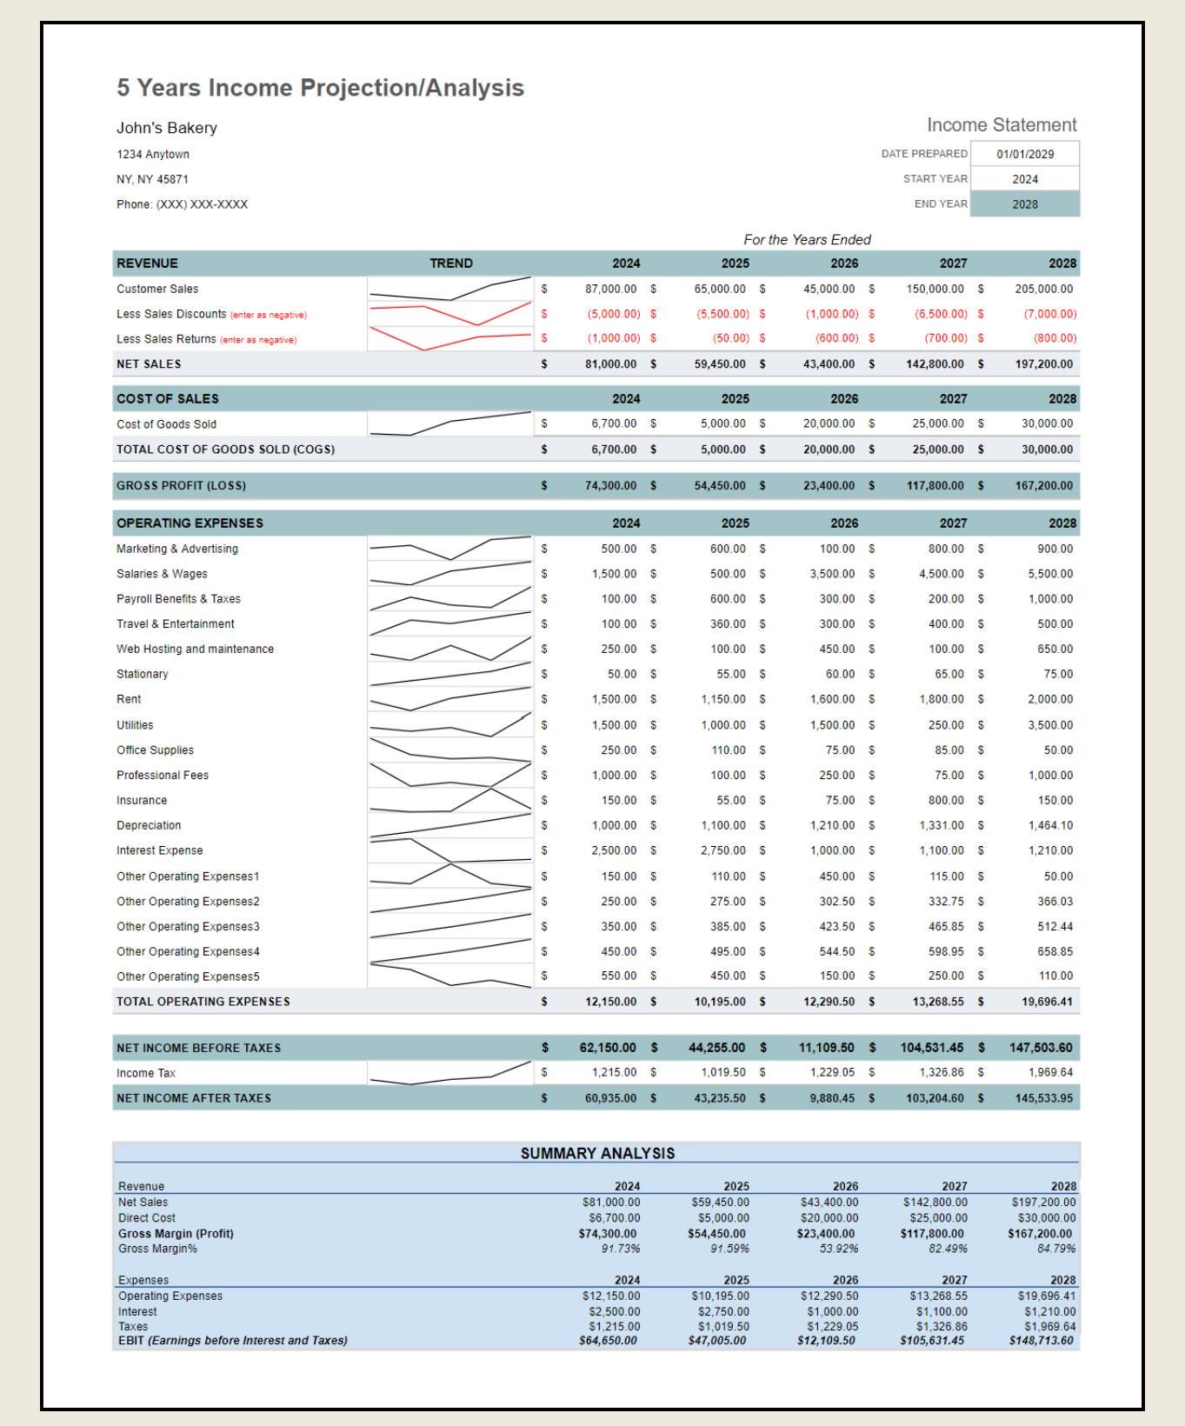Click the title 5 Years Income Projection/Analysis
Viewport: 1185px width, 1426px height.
pyautogui.click(x=320, y=88)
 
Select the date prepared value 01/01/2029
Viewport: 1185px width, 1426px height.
pyautogui.click(x=1025, y=154)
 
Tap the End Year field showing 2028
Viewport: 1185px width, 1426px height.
pyautogui.click(x=1025, y=204)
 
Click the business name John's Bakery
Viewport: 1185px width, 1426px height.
pyautogui.click(x=167, y=128)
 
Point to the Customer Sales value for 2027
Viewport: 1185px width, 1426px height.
pyautogui.click(x=935, y=289)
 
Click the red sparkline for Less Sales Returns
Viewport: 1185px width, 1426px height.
pyautogui.click(x=449, y=338)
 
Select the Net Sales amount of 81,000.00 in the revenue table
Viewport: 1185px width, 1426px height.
pyautogui.click(x=610, y=364)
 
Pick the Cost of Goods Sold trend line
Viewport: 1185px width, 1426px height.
pyautogui.click(x=449, y=423)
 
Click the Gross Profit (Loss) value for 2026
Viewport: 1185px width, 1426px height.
pyautogui.click(x=829, y=486)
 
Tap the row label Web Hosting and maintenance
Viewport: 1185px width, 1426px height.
pyautogui.click(x=195, y=649)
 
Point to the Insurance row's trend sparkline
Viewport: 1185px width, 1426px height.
pyautogui.click(x=449, y=800)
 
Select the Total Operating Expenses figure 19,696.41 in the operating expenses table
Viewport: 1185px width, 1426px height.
pyautogui.click(x=1047, y=1002)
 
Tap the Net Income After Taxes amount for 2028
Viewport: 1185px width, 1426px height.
pyautogui.click(x=1043, y=1098)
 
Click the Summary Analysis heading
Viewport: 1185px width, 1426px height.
pyautogui.click(x=597, y=1153)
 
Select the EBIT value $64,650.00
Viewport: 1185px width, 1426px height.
pyautogui.click(x=608, y=1341)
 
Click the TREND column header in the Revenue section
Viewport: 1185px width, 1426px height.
pyautogui.click(x=451, y=263)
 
